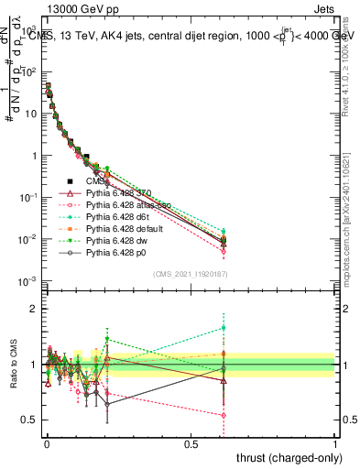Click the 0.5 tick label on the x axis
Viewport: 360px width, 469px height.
191,442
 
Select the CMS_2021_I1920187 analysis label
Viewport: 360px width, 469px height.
191,275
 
